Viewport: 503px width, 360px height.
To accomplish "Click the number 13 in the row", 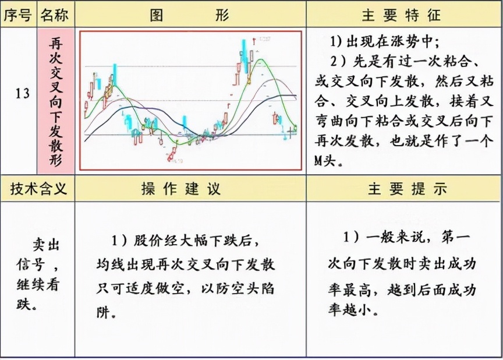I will click(x=22, y=93).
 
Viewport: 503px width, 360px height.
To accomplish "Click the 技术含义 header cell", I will click(x=37, y=188).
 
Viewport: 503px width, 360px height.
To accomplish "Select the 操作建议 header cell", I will click(x=190, y=189).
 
